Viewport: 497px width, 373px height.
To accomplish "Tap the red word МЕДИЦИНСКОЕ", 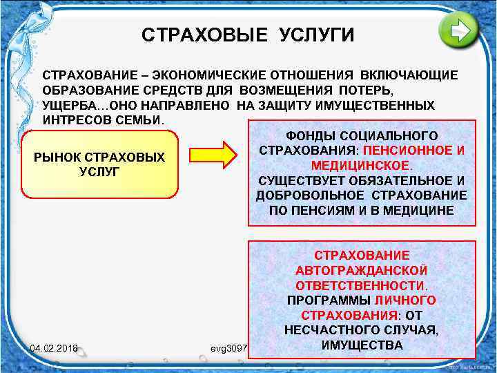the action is (360, 166).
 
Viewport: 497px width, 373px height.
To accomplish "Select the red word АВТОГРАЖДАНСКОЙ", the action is (362, 270).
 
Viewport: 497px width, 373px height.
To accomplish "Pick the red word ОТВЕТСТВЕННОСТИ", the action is (360, 285).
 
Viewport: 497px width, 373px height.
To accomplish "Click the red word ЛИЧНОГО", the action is (405, 300).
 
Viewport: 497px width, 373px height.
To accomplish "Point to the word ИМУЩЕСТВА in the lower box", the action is (362, 344).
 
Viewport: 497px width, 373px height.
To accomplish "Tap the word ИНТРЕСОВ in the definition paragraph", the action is (74, 121).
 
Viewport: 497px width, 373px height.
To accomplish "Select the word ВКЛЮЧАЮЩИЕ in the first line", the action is (408, 75).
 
